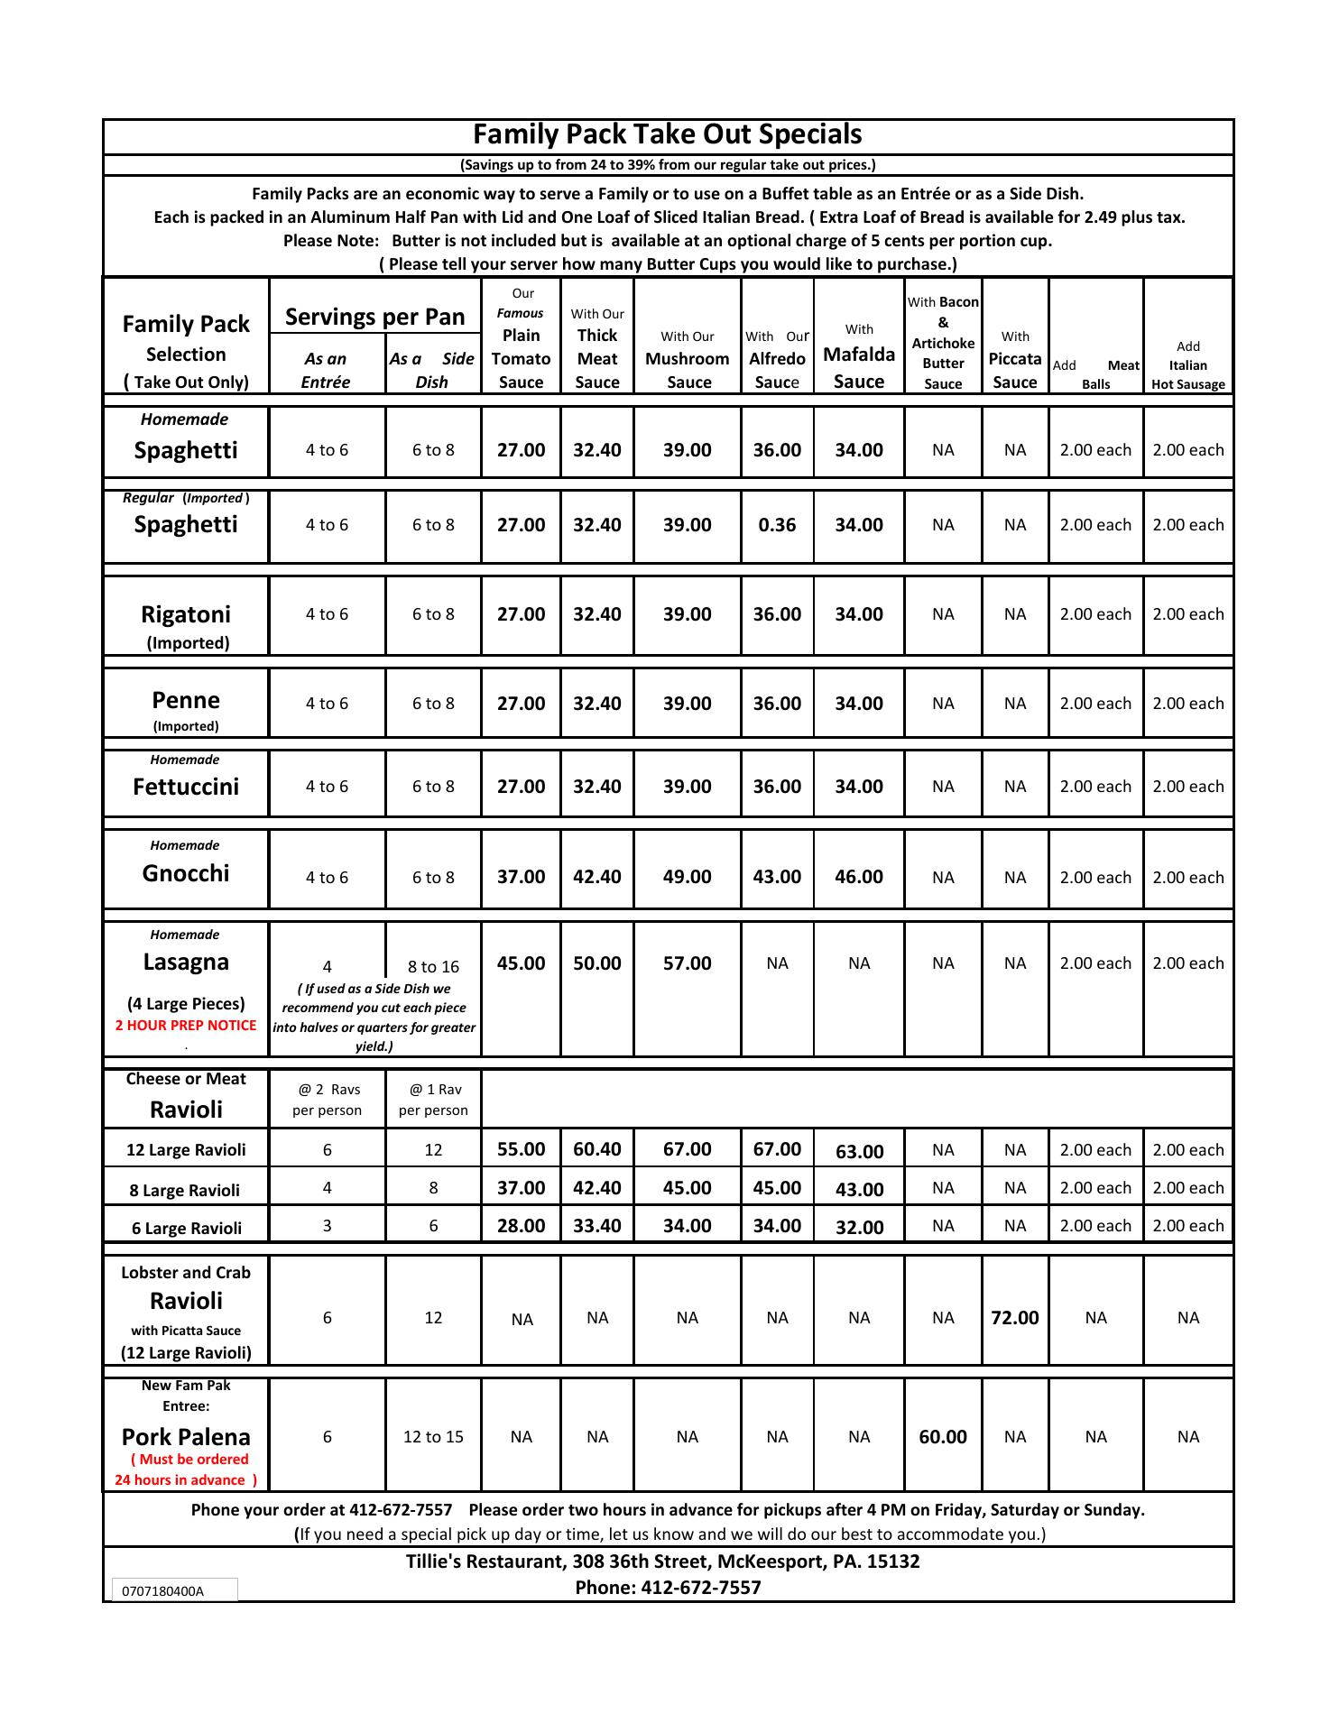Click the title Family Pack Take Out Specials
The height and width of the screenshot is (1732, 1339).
668,134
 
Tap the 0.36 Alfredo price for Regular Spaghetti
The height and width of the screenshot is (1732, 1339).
777,525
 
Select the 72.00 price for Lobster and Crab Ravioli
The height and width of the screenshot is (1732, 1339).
1015,1318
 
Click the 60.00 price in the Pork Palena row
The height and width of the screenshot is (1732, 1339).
943,1437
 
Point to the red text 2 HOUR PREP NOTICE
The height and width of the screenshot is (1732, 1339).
186,1025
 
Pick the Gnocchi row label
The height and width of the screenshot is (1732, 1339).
186,873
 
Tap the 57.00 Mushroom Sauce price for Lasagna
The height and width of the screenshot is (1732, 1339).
688,963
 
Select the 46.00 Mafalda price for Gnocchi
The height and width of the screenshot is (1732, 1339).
859,877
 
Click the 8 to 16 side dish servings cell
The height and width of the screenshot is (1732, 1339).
433,967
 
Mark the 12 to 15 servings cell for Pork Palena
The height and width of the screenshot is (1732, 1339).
433,1437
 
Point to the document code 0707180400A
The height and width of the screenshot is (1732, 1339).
162,1591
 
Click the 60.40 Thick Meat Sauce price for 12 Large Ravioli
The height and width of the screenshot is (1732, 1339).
597,1149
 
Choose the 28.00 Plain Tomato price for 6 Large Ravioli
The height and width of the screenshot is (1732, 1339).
522,1226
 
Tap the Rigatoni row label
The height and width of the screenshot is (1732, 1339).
186,615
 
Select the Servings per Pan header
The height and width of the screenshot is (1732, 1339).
375,317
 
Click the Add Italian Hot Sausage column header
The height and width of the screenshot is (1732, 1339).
1188,365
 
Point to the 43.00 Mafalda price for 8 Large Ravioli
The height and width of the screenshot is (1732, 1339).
859,1190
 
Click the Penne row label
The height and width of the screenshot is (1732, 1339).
186,701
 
